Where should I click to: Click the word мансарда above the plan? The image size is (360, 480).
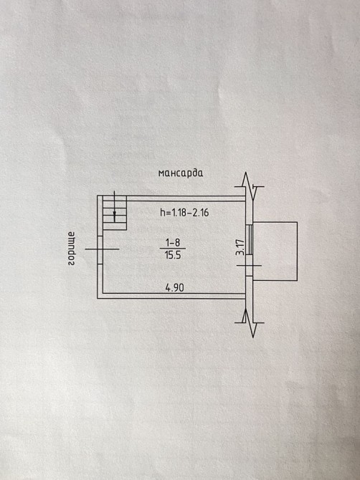coord(181,173)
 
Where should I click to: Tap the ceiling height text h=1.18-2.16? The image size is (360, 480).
coord(184,212)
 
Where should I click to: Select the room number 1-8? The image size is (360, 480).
coord(173,243)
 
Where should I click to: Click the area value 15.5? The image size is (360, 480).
coord(173,255)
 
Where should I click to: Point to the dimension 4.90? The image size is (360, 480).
coord(175,288)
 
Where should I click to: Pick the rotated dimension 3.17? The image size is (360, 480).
coord(240,247)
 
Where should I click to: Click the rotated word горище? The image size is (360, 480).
coord(72,249)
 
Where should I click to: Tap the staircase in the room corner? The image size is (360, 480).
coord(115,213)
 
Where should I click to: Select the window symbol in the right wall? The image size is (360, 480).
coord(250,239)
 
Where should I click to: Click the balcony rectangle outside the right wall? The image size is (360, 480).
coord(275,251)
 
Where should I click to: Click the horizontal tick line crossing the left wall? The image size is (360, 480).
coord(102,249)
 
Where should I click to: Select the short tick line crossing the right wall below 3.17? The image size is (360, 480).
coord(250,266)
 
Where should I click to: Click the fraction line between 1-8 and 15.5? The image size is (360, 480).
coord(173,249)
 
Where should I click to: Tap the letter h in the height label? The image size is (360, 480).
coord(163,212)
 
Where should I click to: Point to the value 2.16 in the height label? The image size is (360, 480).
coord(201,212)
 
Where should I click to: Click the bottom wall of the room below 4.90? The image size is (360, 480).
coord(174,296)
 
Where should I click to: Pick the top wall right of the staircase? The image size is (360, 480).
coord(186,198)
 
